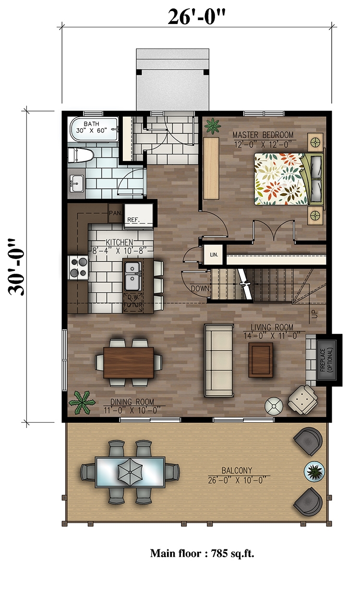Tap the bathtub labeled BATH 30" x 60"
coord(94,129)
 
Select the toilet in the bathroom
coord(80,155)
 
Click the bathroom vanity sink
coord(76,183)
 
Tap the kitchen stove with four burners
coord(79,267)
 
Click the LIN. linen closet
coord(212,255)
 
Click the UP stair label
coord(315,315)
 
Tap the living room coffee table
coord(260,360)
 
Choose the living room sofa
coord(219,360)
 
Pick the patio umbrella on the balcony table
coord(130,471)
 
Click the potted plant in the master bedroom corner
coord(211,126)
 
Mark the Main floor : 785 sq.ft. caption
coord(202,553)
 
